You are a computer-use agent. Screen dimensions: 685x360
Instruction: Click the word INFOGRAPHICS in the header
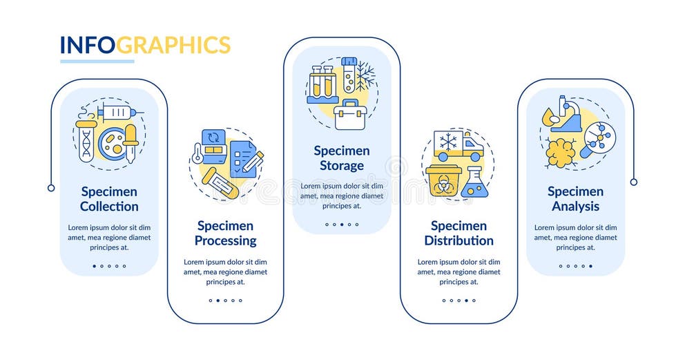[x=145, y=45]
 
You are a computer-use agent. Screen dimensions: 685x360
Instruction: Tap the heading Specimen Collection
[x=109, y=199]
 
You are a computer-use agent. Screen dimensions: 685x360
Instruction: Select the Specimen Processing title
[x=225, y=234]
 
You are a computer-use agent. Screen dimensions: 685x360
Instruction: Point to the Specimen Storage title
[x=342, y=158]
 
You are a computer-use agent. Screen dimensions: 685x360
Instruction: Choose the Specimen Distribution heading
[x=459, y=234]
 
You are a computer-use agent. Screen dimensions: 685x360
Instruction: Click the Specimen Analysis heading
[x=575, y=199]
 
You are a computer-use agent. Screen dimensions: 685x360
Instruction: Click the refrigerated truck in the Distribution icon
[x=457, y=145]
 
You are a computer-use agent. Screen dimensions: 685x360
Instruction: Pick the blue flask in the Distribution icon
[x=475, y=182]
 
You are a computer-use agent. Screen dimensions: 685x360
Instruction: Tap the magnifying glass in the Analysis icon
[x=595, y=138]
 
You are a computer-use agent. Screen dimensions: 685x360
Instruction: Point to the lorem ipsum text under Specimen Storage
[x=342, y=196]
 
